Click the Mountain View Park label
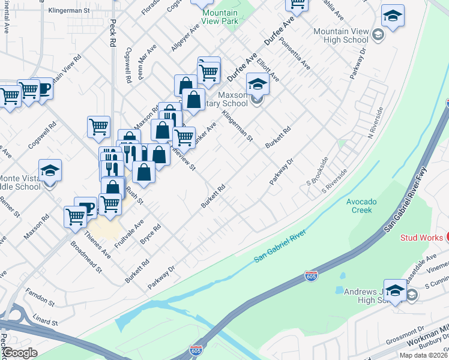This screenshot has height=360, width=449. coord(220,17)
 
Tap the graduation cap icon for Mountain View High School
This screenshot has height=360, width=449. coord(393,16)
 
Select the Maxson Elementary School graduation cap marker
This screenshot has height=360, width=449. coord(258,85)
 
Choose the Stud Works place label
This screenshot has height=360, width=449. coord(421,238)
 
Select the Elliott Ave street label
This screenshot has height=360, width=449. coord(268,70)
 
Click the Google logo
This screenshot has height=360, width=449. coord(19,353)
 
